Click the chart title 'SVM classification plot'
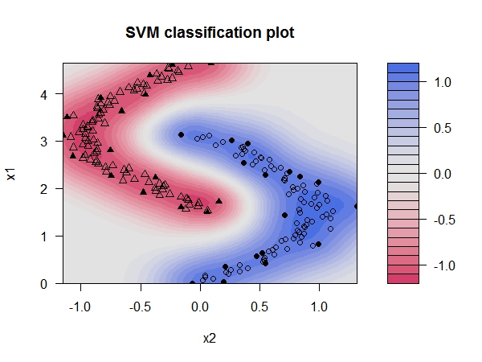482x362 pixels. pos(209,34)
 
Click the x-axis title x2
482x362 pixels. pos(209,339)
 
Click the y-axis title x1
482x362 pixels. pos(14,172)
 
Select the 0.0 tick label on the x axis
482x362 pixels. pos(200,306)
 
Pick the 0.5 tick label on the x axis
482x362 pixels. pos(259,306)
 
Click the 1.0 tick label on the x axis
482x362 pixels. pos(319,306)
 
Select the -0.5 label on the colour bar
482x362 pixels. pos(443,219)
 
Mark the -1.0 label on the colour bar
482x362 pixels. pos(443,265)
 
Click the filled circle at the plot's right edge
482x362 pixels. pos(357,207)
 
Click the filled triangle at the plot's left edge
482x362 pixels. pos(64,134)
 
